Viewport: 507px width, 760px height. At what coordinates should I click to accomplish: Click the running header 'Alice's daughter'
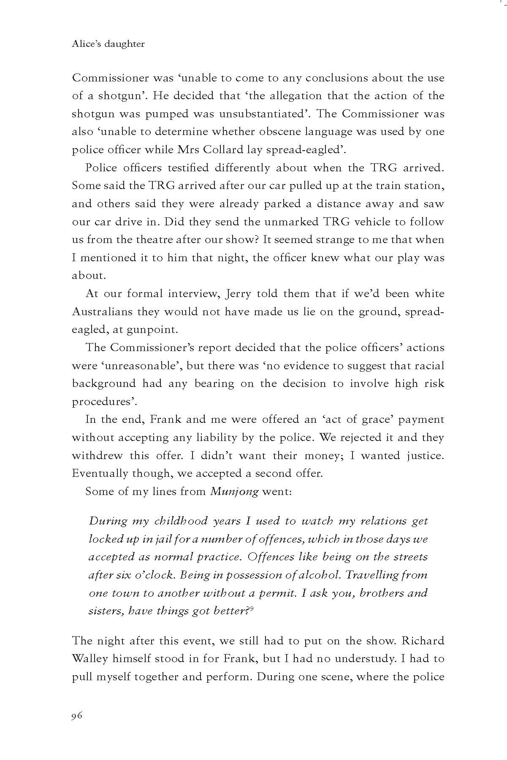108,44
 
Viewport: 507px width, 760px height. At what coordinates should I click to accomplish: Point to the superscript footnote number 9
251,608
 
